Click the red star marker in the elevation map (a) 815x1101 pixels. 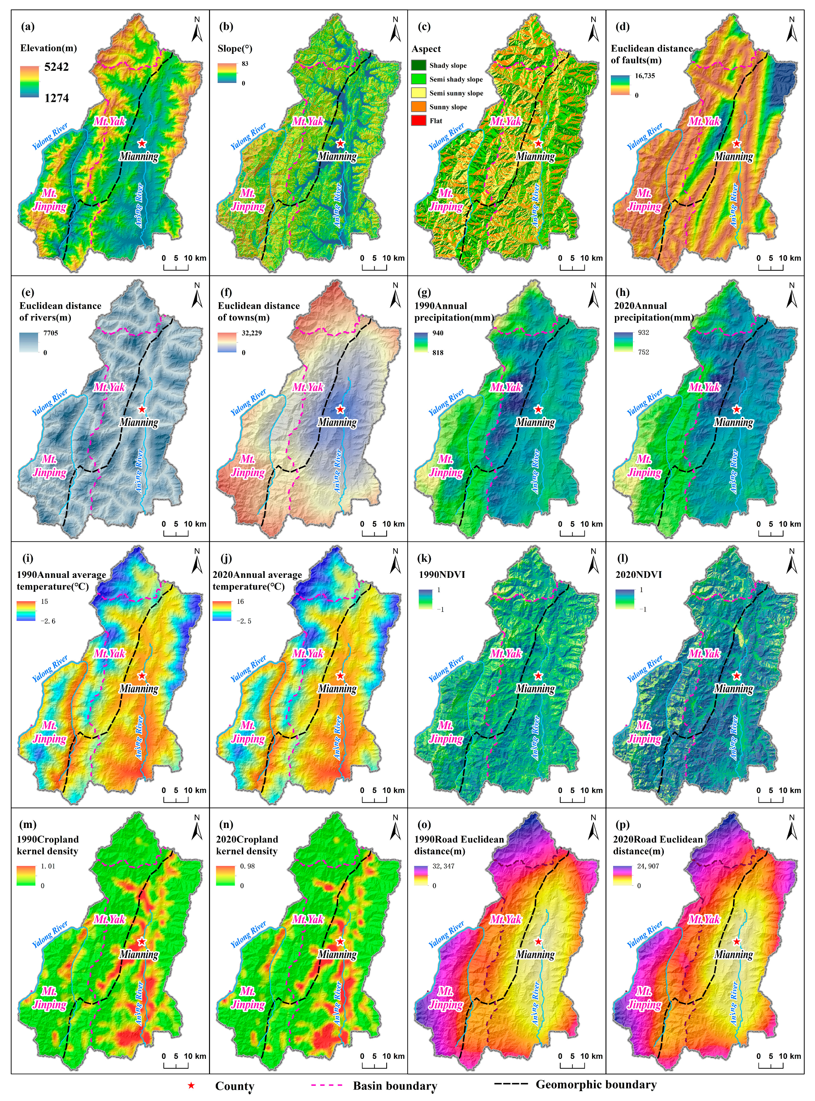coord(142,143)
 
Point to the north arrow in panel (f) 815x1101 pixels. coord(395,295)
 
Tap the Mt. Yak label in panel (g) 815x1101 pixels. coord(506,387)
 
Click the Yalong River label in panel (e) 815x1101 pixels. coord(50,402)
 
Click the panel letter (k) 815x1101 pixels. coord(424,559)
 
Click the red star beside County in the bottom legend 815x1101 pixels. coord(191,1086)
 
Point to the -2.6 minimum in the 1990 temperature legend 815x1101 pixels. coord(48,621)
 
